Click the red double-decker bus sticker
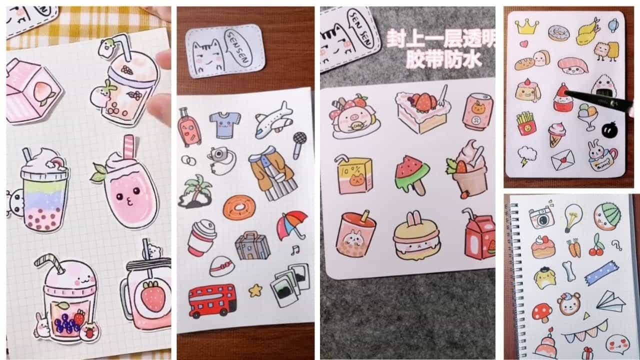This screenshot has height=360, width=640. (x=212, y=301)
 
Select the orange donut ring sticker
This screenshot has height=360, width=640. (x=238, y=207)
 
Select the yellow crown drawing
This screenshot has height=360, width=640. (x=526, y=26)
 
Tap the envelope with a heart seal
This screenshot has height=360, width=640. (x=562, y=160)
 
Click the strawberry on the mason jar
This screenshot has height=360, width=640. (x=153, y=295)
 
